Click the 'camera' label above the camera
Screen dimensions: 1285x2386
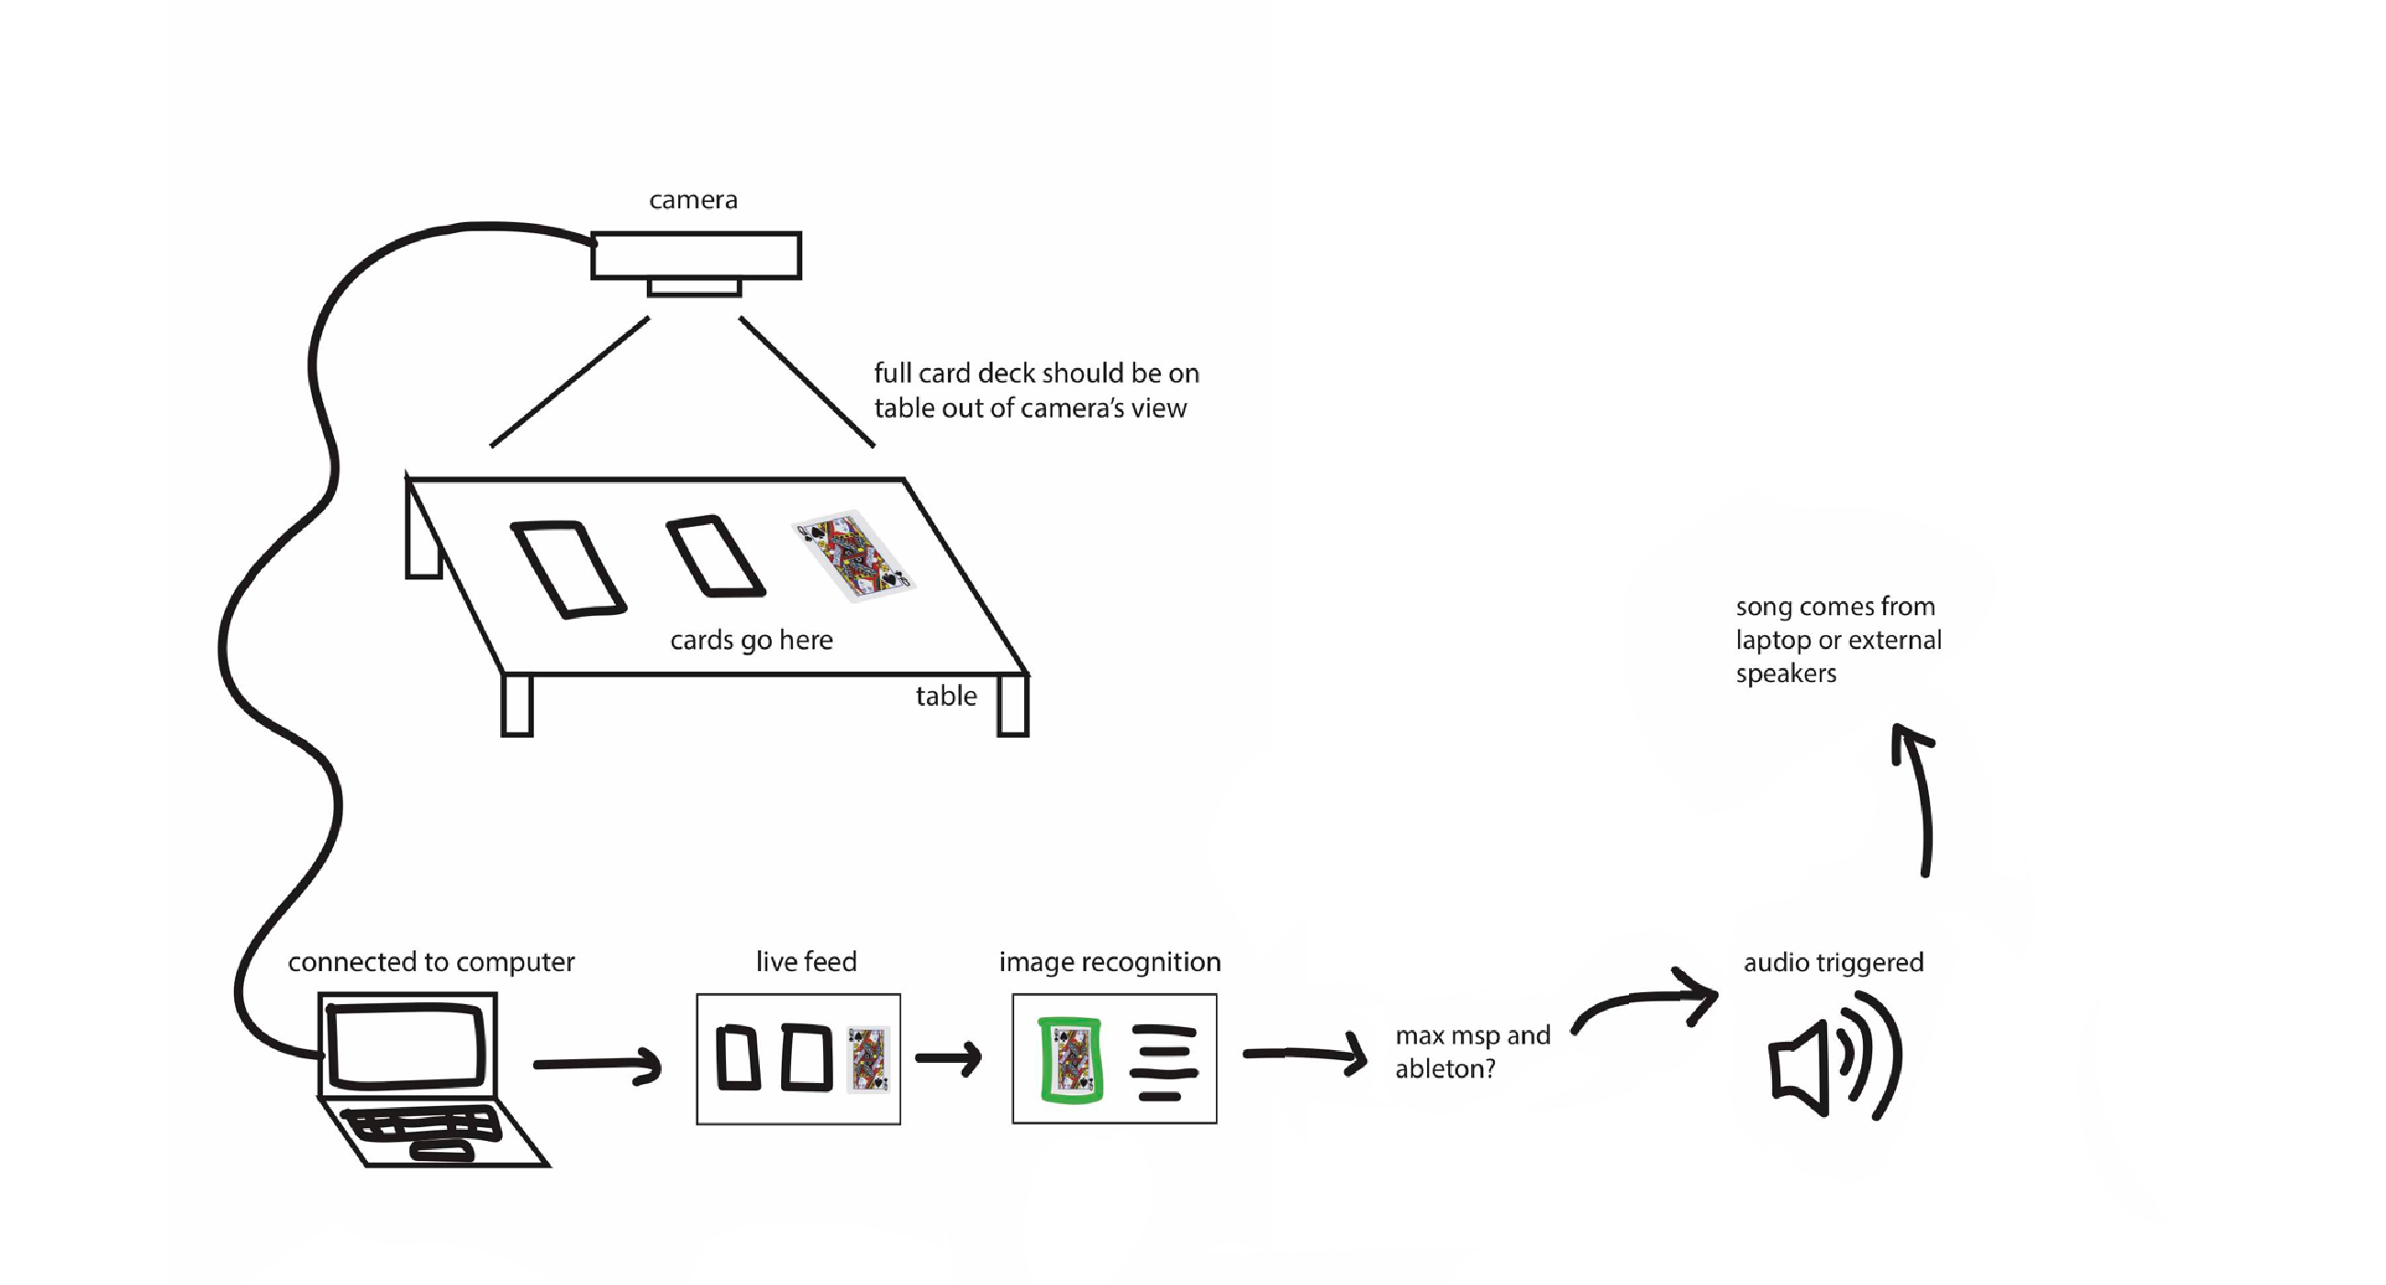(x=693, y=200)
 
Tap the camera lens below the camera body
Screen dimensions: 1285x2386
(x=695, y=288)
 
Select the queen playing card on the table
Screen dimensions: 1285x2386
(x=854, y=556)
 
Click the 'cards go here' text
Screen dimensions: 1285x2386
(x=752, y=640)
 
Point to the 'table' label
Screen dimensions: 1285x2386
(x=946, y=696)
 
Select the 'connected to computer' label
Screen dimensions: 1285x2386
(x=430, y=963)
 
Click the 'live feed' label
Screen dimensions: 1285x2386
(x=806, y=963)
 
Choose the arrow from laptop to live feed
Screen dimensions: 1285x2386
(x=597, y=1065)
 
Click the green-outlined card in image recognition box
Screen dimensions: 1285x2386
(x=1071, y=1061)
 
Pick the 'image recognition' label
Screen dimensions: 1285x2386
(x=1109, y=963)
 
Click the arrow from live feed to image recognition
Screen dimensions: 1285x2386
(x=949, y=1058)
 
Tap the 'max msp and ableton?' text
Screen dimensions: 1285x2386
(x=1472, y=1052)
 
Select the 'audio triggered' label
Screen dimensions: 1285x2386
(x=1833, y=963)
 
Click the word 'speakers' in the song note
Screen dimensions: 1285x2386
(x=1786, y=674)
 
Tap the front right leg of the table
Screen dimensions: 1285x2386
(x=1012, y=706)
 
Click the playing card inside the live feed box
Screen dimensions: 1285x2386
(x=869, y=1059)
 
